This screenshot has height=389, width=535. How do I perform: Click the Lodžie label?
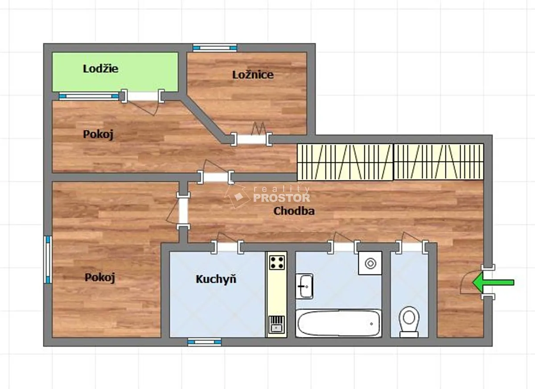101,69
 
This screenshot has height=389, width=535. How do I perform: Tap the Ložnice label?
253,75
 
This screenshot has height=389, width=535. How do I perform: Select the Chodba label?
294,211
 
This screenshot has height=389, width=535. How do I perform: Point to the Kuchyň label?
216,279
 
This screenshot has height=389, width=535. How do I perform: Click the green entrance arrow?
493,283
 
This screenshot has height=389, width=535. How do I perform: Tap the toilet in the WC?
409,322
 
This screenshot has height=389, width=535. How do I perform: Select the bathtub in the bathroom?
338,323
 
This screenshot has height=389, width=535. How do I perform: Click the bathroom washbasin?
304,286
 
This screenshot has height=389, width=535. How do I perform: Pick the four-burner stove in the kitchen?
277,262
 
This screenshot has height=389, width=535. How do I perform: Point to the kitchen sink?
276,324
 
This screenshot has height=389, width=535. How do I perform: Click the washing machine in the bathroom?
370,263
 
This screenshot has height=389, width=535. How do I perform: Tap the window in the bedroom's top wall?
215,48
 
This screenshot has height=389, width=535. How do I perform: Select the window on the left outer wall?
48,260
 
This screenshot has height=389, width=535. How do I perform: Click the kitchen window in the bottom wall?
205,342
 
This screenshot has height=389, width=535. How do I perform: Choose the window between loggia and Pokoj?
89,96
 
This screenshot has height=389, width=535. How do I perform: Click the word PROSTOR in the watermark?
282,198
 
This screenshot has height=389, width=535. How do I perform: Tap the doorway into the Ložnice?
251,139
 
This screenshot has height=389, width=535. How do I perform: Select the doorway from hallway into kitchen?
227,247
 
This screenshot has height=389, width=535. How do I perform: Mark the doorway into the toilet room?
412,247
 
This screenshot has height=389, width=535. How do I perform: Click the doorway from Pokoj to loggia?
143,96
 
